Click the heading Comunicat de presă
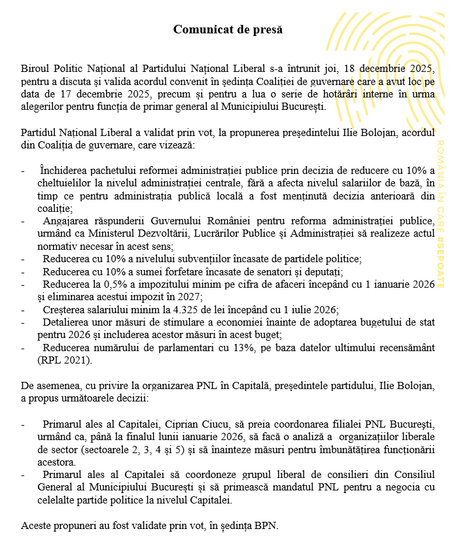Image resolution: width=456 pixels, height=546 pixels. coord(228,29)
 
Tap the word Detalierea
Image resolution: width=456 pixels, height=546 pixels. coord(65,322)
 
